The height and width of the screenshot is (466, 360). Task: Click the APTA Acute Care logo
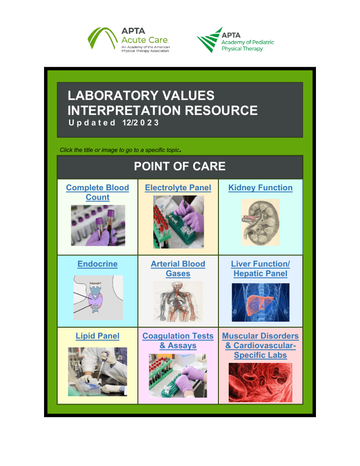(129, 40)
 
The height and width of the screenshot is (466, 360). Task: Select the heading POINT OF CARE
(180, 166)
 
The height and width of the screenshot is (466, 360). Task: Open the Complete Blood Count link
(97, 192)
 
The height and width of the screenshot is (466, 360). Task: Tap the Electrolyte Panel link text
(178, 188)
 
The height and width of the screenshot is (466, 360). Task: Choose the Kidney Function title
(260, 188)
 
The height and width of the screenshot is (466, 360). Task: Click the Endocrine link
(97, 264)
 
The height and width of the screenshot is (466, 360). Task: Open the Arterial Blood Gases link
(178, 269)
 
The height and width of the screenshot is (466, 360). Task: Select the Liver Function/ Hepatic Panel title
(260, 269)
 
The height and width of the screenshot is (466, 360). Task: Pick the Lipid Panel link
(97, 336)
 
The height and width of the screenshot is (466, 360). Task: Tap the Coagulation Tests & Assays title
(178, 341)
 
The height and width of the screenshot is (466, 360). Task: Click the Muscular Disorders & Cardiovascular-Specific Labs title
(260, 346)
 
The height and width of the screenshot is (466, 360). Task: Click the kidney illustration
(260, 222)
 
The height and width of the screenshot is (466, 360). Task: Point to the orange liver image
(261, 301)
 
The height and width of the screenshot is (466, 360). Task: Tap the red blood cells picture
(260, 382)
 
